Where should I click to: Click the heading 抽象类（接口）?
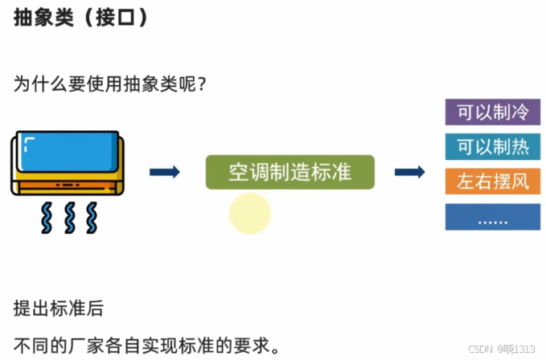coord(81,18)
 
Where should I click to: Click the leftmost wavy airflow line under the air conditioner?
coord(46,216)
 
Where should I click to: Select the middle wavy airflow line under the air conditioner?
coord(69,216)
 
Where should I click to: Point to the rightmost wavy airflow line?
coord(92,216)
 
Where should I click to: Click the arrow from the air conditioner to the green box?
coord(165,171)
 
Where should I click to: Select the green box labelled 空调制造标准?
coord(289,172)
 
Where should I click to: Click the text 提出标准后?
coord(58,309)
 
